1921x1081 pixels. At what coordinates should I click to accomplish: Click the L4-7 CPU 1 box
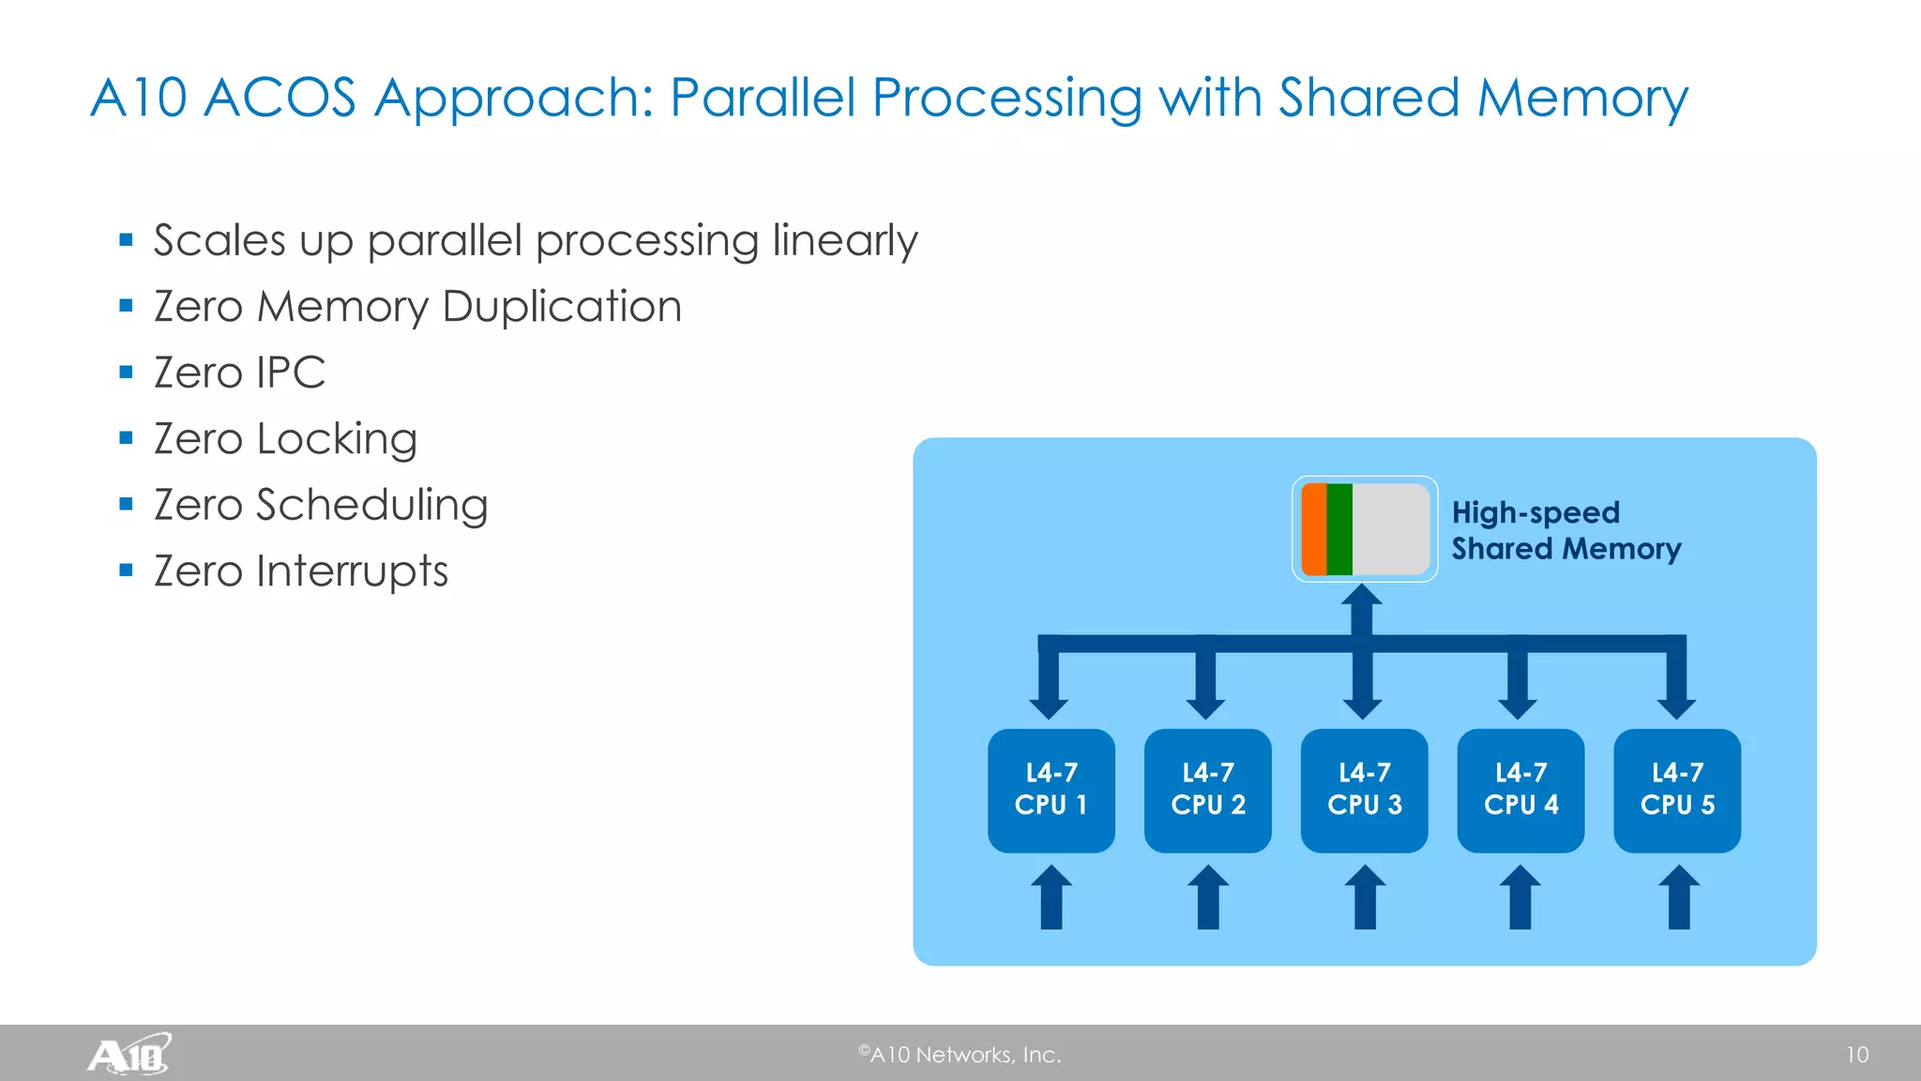pos(1051,790)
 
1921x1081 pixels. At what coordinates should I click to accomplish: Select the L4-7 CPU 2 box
pos(1207,790)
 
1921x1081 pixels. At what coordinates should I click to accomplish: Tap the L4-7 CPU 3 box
pos(1364,790)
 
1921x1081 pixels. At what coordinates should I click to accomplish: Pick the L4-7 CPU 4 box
pos(1520,790)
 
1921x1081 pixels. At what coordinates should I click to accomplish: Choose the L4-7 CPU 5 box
pos(1677,790)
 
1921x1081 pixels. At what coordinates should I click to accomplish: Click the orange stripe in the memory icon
pos(1314,529)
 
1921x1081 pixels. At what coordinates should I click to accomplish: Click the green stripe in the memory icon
pos(1339,529)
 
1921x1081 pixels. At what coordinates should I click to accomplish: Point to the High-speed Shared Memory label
pos(1565,530)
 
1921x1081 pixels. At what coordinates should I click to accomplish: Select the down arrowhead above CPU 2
pos(1205,706)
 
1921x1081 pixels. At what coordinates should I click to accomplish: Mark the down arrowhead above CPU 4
pos(1518,706)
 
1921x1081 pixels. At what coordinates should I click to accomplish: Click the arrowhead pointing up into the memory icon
pos(1362,598)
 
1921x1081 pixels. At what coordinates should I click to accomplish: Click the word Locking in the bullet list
pos(337,439)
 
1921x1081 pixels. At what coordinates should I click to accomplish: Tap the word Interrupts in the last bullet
pos(353,571)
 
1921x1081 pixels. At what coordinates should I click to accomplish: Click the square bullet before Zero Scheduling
pos(127,504)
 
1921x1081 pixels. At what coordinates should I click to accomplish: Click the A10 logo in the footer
pos(129,1054)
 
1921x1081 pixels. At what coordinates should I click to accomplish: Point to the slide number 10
pos(1856,1055)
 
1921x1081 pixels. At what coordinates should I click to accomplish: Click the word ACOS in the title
pos(280,98)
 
